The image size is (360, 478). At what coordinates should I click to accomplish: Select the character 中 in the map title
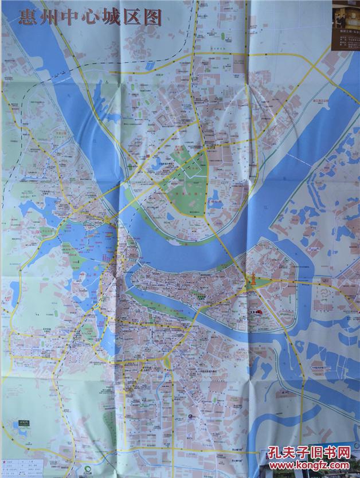(68, 18)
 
